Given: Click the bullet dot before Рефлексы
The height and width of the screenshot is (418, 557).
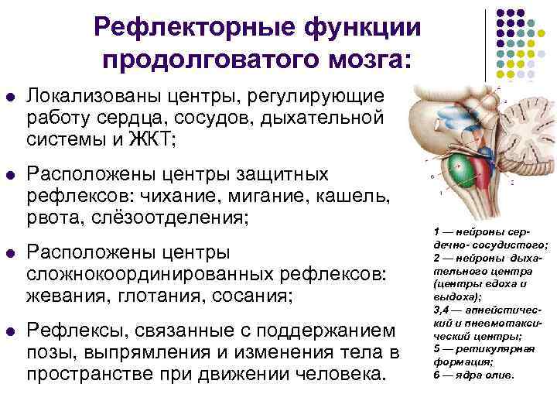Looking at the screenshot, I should [10, 332].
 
